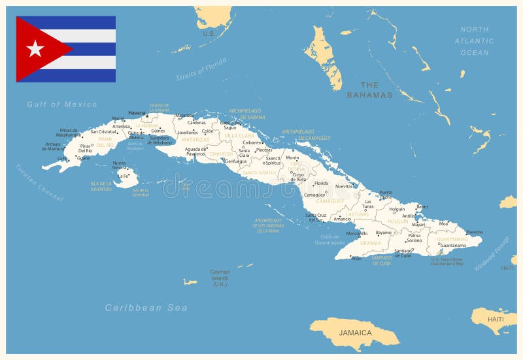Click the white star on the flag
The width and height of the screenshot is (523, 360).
(x=35, y=49)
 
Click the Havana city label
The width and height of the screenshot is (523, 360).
(x=137, y=113)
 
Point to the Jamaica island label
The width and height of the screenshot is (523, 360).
(x=355, y=333)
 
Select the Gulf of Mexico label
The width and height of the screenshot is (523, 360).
(x=62, y=105)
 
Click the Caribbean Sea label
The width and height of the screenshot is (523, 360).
(x=146, y=308)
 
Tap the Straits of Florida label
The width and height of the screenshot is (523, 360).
(x=201, y=69)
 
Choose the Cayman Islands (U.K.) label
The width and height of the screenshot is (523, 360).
(x=220, y=278)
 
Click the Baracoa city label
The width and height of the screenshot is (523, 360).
(x=475, y=232)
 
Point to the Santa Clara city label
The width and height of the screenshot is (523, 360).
(x=244, y=153)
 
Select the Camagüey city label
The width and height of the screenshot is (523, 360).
(x=314, y=195)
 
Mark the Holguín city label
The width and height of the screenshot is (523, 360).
(x=397, y=210)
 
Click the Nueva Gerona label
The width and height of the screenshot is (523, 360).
(x=120, y=165)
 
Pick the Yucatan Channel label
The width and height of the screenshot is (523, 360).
(x=39, y=182)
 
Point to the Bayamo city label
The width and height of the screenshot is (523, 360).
(x=384, y=233)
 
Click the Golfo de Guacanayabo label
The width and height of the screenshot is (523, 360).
(x=329, y=239)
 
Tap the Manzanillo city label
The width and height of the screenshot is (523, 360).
(x=356, y=233)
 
